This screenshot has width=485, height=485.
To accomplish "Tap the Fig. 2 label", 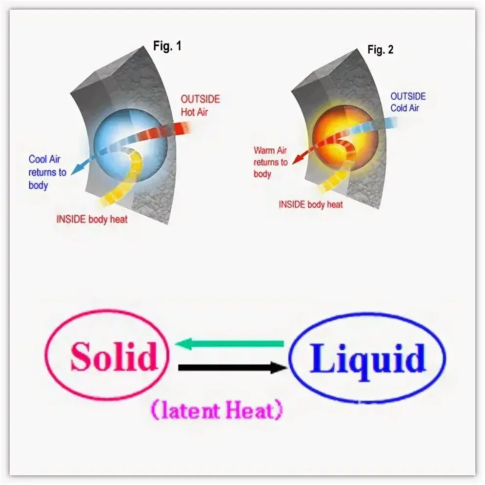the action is tap(380, 49).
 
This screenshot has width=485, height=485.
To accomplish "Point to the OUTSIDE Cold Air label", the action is tap(408, 102).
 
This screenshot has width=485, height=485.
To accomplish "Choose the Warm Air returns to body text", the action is tap(270, 162).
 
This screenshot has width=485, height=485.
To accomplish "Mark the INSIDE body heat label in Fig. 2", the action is tap(311, 204).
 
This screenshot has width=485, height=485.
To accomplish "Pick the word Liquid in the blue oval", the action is tap(367, 359).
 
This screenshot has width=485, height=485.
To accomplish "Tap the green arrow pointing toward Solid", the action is tap(229, 344).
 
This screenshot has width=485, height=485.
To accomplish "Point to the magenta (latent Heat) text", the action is tap(216, 411).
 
